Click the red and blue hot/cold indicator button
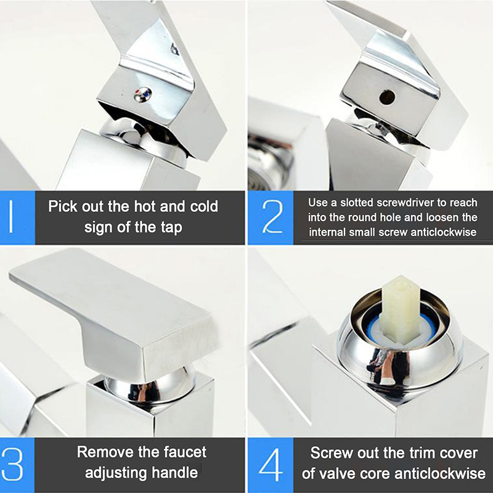pos(143,94)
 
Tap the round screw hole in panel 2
pos(387,97)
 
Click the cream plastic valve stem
pos(399,309)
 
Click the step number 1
pos(11,217)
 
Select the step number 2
pos(272,217)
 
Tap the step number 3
pos(12,465)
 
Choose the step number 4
pos(271,465)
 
